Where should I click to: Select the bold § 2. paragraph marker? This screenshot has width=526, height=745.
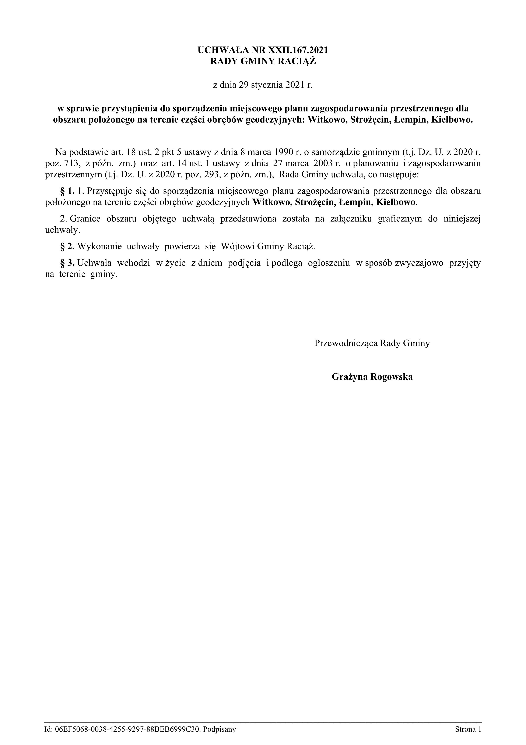click(67, 247)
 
